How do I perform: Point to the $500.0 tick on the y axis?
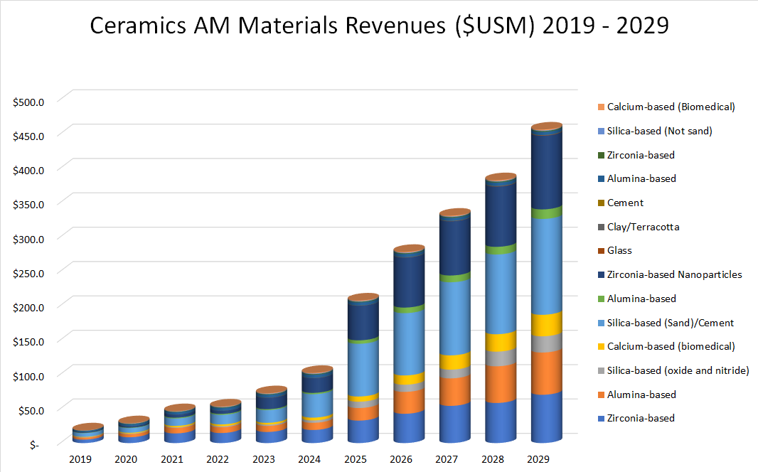click(x=29, y=102)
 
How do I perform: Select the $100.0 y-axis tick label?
click(x=29, y=376)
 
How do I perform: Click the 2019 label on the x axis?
click(x=80, y=459)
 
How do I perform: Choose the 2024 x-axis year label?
click(x=310, y=459)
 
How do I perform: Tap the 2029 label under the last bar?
click(x=540, y=459)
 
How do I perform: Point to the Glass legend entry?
click(x=619, y=250)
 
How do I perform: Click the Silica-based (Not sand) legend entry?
click(x=659, y=131)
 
